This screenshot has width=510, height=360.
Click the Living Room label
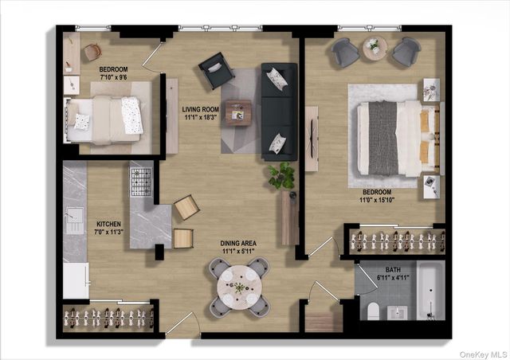200,110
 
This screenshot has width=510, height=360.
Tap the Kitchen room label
108,224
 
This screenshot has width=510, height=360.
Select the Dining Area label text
238,243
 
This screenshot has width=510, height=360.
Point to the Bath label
393,270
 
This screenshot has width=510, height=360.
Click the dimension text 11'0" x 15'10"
377,200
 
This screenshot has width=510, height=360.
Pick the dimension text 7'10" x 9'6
113,77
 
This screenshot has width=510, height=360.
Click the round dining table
239,288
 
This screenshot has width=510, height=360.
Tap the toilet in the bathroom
373,311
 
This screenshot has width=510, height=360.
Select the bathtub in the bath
430,291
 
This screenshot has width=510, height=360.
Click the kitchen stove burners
141,182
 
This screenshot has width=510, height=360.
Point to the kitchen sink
75,221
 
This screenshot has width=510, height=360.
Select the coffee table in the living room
238,113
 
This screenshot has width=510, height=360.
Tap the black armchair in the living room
216,71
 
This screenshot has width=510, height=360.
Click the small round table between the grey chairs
375,49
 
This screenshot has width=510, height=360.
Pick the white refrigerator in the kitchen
76,280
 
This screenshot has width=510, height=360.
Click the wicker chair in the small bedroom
92,52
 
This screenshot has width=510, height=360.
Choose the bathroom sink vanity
397,313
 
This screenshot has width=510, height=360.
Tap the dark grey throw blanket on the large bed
383,138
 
